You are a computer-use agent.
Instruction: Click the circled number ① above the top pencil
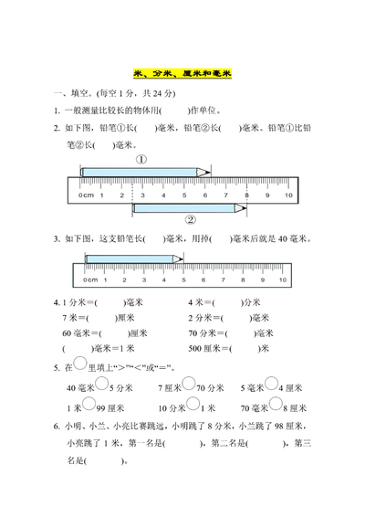click(x=142, y=158)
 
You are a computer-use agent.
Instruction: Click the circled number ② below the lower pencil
click(x=191, y=219)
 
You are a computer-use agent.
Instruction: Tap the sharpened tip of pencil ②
click(x=245, y=207)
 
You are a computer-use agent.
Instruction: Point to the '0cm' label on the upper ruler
click(x=87, y=195)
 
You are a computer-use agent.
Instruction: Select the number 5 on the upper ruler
click(x=183, y=195)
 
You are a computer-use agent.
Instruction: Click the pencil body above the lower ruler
click(x=128, y=258)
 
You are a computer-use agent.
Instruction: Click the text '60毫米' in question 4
click(x=76, y=332)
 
